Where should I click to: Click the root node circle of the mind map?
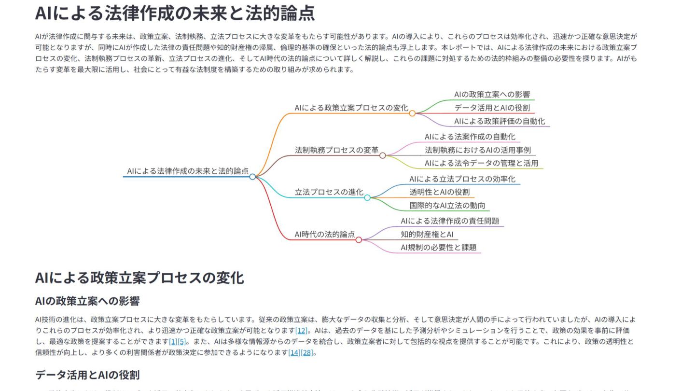(252, 177)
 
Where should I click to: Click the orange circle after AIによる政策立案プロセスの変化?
(412, 113)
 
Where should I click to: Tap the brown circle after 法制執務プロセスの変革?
(383, 155)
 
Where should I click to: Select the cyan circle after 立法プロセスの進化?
(367, 197)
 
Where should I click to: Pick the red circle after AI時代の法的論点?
(359, 239)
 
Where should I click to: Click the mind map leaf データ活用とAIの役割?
(492, 108)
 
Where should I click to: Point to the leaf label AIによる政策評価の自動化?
(500, 121)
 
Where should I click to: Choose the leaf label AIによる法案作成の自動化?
(470, 137)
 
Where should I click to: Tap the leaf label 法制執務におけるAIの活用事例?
(477, 150)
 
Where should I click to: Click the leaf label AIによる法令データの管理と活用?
(481, 163)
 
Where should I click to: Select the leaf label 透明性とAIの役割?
(439, 192)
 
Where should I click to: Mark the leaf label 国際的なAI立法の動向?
(447, 206)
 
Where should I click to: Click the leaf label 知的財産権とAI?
(427, 235)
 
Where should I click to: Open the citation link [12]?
(301, 331)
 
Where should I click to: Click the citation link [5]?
(181, 342)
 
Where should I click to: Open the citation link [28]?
(307, 353)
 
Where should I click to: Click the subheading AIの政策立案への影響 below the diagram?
(87, 301)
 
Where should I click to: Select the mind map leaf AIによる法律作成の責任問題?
(450, 221)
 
